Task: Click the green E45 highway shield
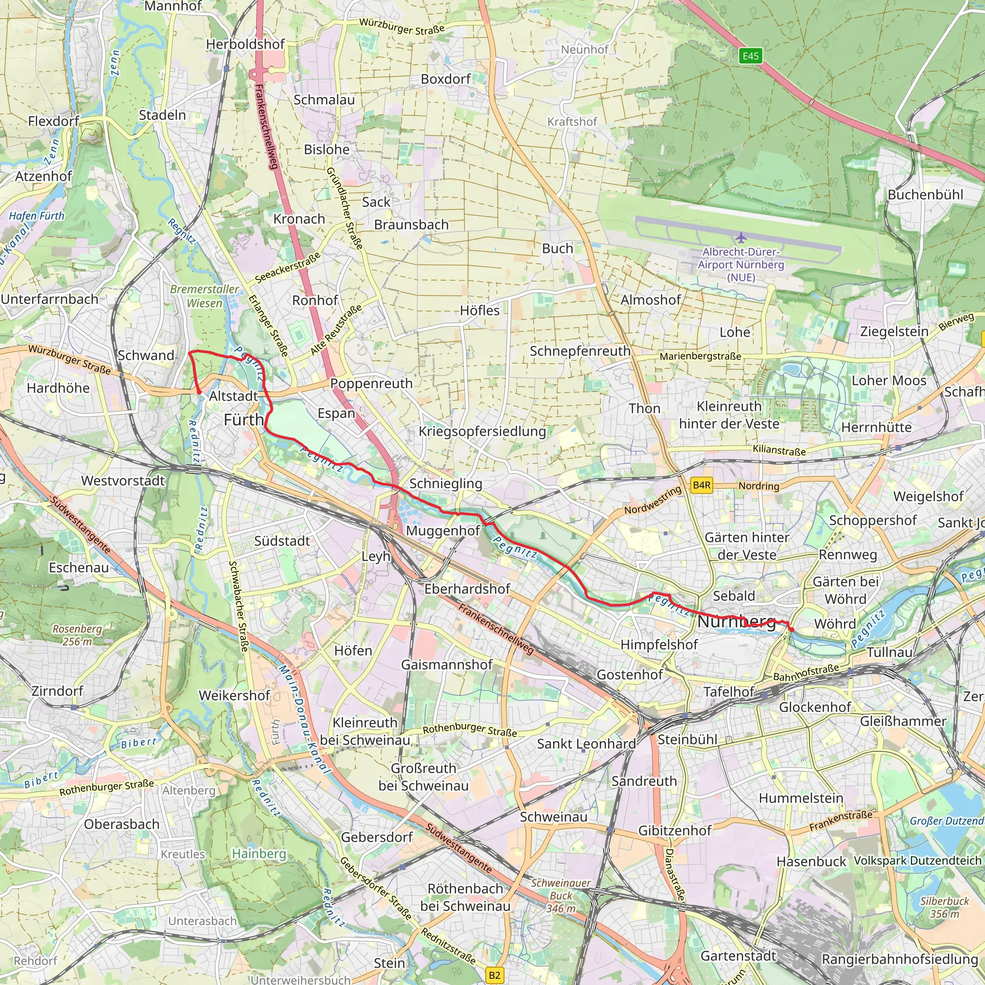[750, 56]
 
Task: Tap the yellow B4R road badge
[702, 485]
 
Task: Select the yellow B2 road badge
[494, 975]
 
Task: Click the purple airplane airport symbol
[741, 238]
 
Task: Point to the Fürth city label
[244, 419]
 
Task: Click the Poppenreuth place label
[371, 383]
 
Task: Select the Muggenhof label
[443, 531]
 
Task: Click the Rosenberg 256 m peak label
[77, 635]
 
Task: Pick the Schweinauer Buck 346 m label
[561, 895]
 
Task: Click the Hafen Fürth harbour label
[37, 215]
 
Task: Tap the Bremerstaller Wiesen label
[204, 296]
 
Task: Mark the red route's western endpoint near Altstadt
[199, 392]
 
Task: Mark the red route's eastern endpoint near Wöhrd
[791, 630]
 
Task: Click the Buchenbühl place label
[925, 195]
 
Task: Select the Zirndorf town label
[57, 691]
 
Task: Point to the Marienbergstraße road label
[700, 356]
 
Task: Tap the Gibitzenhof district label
[674, 831]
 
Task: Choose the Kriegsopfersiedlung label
[482, 431]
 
